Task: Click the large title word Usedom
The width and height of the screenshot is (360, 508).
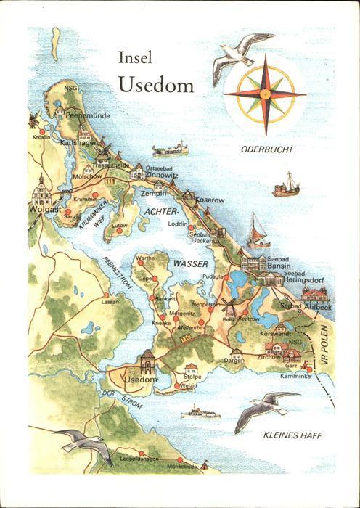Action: [x=155, y=85]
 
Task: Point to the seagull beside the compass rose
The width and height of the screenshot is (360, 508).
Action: [x=236, y=61]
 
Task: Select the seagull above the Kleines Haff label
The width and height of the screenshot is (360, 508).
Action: [x=265, y=408]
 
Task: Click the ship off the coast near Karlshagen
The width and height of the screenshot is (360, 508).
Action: [x=170, y=150]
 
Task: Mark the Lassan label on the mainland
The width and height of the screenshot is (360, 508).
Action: [x=110, y=300]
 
